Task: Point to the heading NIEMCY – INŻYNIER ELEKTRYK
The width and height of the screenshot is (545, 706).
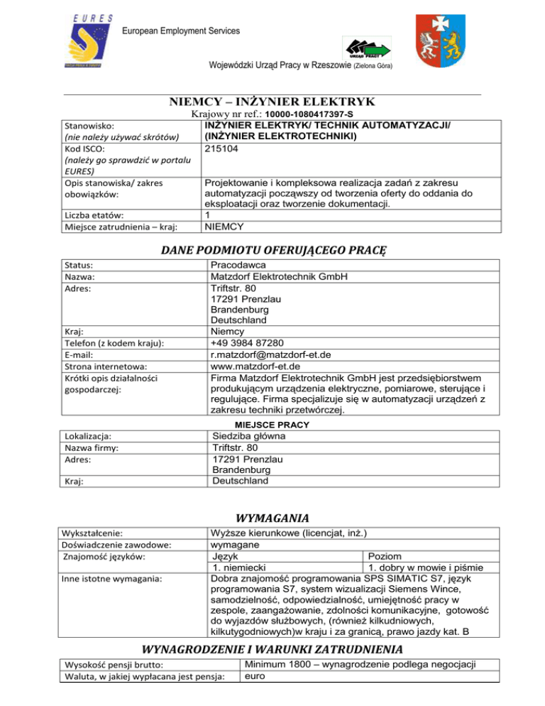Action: click(x=272, y=102)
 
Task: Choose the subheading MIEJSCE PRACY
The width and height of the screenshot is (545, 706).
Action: click(x=272, y=424)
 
